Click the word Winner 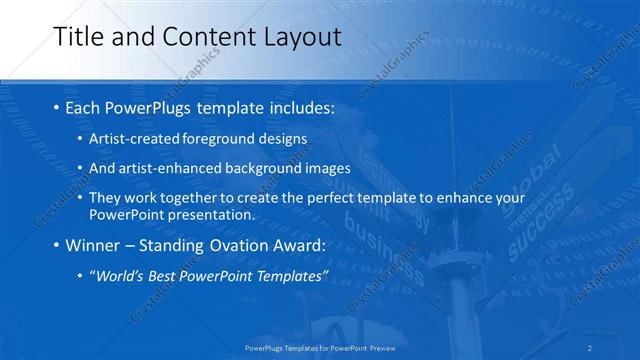(x=97, y=246)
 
